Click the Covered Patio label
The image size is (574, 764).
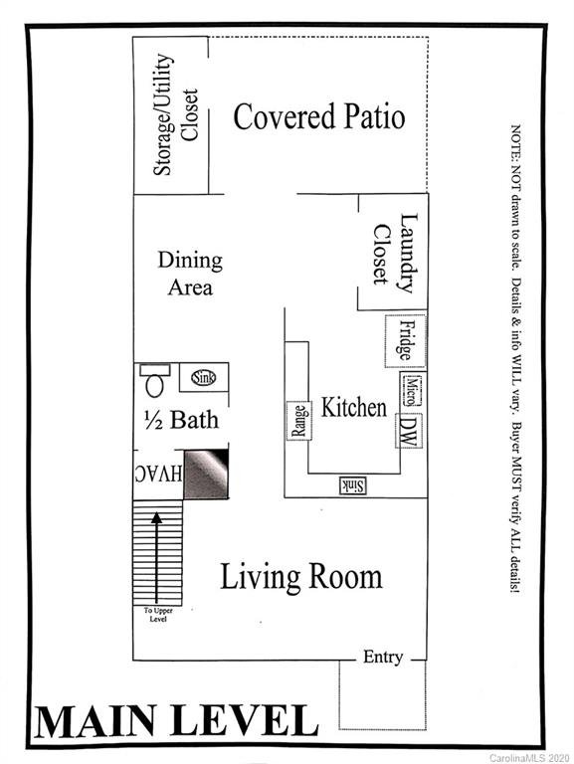point(318,116)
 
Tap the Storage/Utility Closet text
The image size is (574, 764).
point(173,117)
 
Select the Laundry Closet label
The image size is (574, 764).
point(395,254)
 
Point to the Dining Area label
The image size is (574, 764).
point(189,274)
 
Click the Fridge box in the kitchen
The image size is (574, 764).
point(405,341)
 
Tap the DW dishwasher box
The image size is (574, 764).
point(406,429)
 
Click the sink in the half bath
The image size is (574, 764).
point(203,377)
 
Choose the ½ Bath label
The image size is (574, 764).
point(180,419)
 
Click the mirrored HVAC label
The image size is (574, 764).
point(158,474)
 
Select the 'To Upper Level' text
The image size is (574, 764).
point(157,614)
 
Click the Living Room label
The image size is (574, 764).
point(300,576)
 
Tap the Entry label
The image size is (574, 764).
point(383,658)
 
